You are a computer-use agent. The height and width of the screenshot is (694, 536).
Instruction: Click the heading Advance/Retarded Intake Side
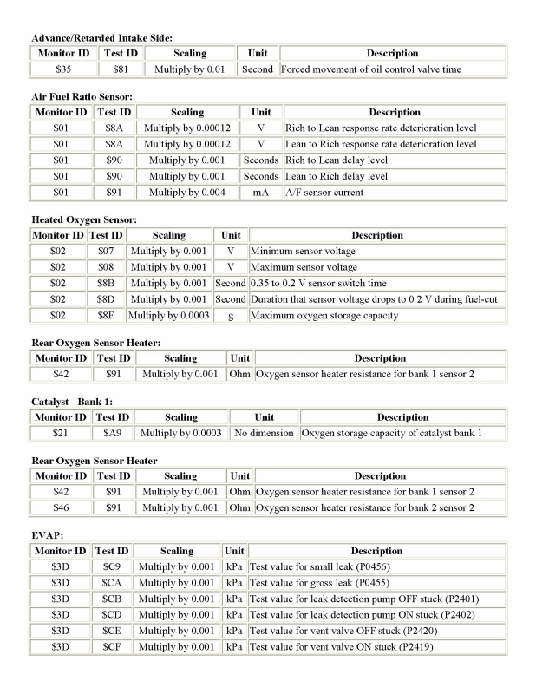[101, 38]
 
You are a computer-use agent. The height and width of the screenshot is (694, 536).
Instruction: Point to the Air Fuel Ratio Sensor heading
[81, 97]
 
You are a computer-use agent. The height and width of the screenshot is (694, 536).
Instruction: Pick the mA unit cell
[261, 192]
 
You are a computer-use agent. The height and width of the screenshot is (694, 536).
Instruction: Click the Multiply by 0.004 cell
[186, 192]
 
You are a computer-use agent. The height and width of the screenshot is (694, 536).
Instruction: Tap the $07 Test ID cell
[106, 252]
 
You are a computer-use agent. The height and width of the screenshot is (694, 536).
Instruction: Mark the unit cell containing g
[231, 315]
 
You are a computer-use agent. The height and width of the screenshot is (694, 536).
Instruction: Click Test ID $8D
[106, 299]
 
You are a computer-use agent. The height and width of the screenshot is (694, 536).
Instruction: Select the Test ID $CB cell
[110, 599]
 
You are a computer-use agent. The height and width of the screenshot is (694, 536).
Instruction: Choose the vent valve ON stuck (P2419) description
[340, 646]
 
